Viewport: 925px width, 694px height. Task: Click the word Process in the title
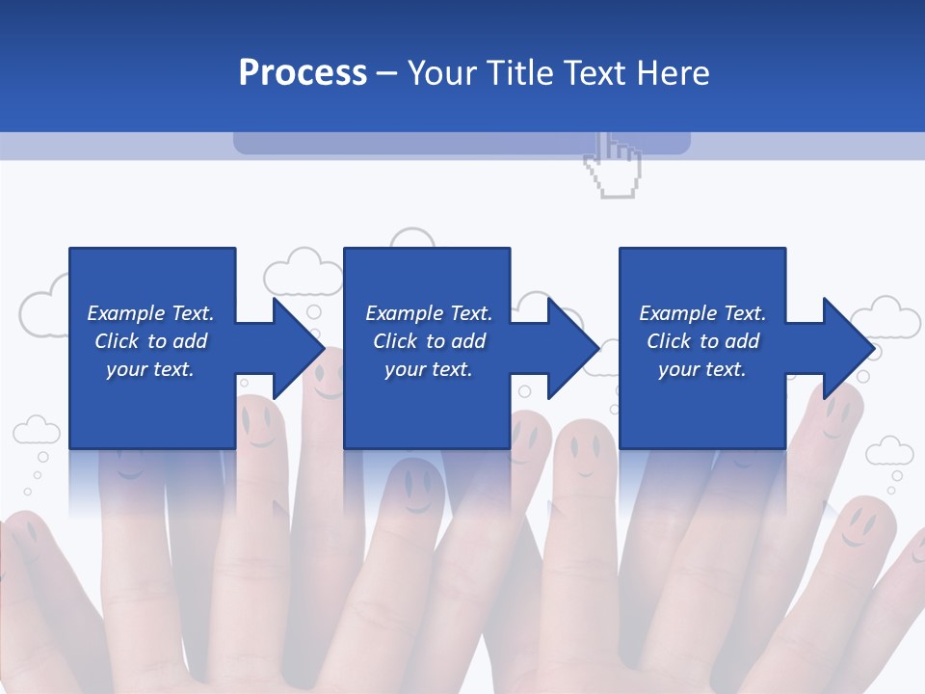click(x=303, y=72)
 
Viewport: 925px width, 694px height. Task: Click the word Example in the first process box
click(x=126, y=313)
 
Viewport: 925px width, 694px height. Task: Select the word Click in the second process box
click(x=393, y=341)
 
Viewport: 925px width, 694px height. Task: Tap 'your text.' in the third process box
click(x=701, y=369)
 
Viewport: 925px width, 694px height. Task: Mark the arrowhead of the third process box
click(x=848, y=348)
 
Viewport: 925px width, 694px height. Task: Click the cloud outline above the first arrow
click(x=304, y=272)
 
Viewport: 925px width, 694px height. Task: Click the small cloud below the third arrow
click(x=888, y=451)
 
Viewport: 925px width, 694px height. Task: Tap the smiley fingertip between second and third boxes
click(x=584, y=449)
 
